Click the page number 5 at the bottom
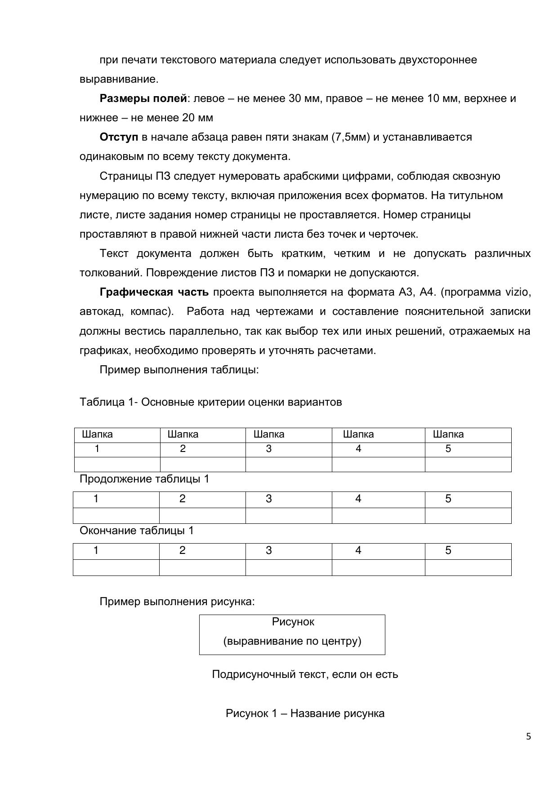528,736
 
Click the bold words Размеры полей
143,98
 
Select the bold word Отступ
119,137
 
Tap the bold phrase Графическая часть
154,292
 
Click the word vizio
518,292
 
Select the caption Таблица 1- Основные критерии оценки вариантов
210,402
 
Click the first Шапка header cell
98,434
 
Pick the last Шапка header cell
448,434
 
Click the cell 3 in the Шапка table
269,449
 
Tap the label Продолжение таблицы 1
144,479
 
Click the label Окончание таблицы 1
137,531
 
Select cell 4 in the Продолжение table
358,499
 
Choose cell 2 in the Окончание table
182,550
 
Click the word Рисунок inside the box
293,622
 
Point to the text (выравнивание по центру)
292,641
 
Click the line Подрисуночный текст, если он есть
305,674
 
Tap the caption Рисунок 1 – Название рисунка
305,713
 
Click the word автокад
100,312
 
